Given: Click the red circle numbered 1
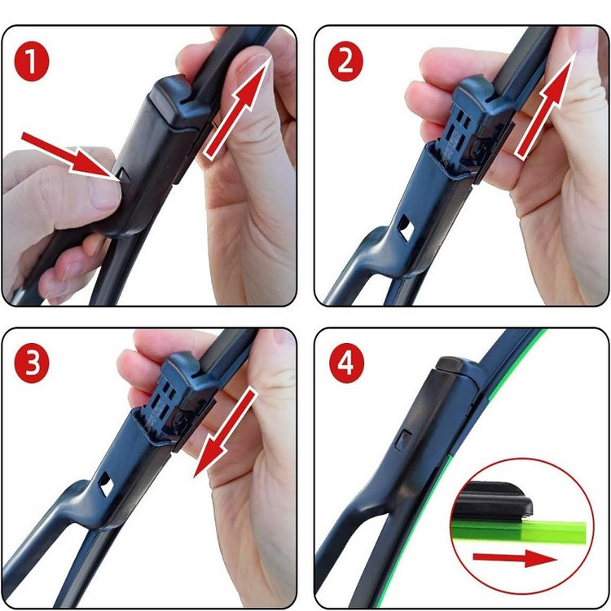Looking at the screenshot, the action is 32,62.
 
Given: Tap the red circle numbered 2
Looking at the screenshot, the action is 345,62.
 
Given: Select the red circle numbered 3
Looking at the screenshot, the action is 32,363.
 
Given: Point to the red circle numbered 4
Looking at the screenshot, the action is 346,363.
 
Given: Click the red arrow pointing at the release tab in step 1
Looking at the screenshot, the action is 70,156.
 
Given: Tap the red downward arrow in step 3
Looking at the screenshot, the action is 226,433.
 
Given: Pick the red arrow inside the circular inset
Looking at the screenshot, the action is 515,558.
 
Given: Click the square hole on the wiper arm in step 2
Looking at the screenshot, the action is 406,228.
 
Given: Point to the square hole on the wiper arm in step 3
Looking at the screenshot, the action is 106,485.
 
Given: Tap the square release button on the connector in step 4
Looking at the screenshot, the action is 403,441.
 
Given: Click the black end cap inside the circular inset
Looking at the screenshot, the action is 495,500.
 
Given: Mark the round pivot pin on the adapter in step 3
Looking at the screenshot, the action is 180,418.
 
